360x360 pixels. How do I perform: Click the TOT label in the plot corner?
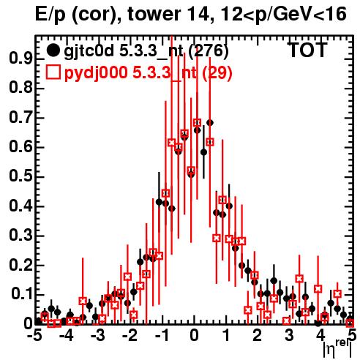pos(307,50)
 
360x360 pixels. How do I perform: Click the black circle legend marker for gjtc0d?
pos(53,50)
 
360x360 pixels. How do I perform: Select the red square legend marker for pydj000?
pos(53,72)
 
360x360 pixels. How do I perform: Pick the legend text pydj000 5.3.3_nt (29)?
pos(148,73)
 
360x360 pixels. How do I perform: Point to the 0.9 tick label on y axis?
pos(20,59)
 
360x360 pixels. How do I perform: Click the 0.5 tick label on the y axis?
pos(20,176)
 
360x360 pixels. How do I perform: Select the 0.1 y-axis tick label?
pos(21,294)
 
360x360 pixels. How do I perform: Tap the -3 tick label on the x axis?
pos(97,336)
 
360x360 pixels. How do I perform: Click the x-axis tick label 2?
pos(258,336)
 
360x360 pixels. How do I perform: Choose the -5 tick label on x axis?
pos(34,336)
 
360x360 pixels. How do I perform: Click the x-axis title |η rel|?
pos(337,349)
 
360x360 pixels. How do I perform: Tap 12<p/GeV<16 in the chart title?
pos(282,15)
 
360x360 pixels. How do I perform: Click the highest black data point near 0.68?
pos(210,123)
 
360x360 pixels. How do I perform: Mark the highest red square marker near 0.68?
pos(197,123)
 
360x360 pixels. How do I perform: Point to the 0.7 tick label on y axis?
pos(20,118)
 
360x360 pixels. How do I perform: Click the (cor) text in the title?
pos(94,15)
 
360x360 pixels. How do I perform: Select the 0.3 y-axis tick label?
pos(20,236)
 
